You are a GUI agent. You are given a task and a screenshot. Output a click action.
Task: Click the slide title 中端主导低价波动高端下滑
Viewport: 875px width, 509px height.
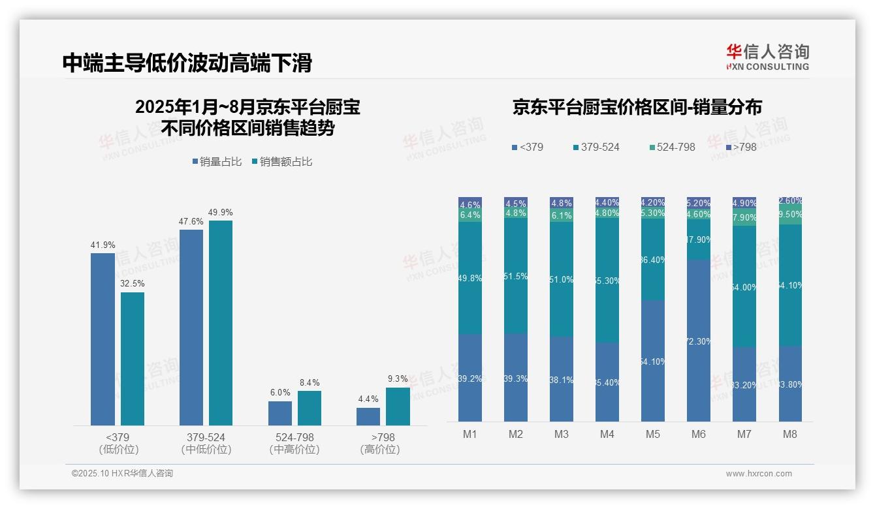point(187,63)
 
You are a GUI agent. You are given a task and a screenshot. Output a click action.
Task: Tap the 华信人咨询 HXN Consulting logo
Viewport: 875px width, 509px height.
point(767,57)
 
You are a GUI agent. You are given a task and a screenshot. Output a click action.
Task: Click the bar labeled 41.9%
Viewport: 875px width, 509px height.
point(103,339)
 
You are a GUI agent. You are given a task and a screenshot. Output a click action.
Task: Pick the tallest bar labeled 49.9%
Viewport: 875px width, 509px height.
point(220,323)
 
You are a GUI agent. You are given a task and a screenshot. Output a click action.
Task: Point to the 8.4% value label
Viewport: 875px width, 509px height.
point(309,383)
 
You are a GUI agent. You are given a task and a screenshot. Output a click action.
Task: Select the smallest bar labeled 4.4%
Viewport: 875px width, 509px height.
point(368,416)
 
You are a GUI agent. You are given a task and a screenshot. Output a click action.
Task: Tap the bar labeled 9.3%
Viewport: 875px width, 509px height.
point(398,407)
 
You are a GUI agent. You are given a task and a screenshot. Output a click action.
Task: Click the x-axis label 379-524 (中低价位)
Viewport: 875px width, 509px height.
point(206,443)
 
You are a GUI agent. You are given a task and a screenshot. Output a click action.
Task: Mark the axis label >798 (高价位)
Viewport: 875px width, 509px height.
point(381,443)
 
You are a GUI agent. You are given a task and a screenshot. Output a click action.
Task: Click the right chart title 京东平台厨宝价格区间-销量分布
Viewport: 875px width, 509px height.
point(637,107)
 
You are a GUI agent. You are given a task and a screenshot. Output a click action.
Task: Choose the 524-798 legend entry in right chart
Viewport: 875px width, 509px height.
point(672,147)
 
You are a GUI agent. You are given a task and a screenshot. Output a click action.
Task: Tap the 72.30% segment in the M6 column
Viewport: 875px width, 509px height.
point(698,341)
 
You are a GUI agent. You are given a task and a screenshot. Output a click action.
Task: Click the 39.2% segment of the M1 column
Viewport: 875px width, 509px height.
point(470,378)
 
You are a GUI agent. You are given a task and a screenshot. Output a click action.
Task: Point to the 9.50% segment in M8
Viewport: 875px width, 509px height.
point(790,215)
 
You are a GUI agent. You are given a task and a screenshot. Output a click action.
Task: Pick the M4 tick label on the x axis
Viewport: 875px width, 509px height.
point(607,435)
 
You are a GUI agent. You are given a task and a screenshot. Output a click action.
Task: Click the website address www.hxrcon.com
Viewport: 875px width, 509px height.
point(758,474)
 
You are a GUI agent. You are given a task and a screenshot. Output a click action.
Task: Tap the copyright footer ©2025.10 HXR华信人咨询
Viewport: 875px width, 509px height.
point(122,474)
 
